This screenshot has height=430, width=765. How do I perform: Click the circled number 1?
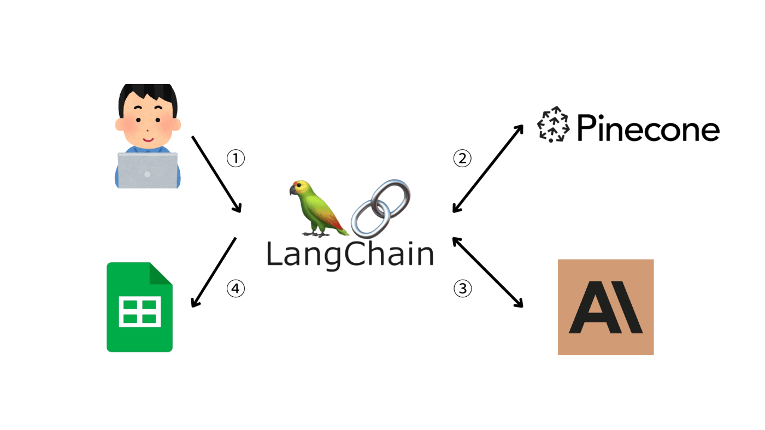click(x=236, y=158)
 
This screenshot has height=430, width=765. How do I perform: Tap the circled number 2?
click(x=462, y=158)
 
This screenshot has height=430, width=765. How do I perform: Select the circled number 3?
click(x=462, y=288)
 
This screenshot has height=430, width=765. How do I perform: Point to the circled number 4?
click(x=236, y=288)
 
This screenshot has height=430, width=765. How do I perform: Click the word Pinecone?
click(x=648, y=128)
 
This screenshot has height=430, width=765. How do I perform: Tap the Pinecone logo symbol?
click(x=553, y=125)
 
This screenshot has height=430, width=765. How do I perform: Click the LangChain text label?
click(x=350, y=255)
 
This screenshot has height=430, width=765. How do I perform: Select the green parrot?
click(x=318, y=208)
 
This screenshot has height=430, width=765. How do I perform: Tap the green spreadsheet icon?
click(x=139, y=307)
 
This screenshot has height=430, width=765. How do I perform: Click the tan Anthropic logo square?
click(x=605, y=307)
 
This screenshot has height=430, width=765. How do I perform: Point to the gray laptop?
click(x=148, y=170)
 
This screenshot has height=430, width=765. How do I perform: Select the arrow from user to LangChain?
click(x=216, y=174)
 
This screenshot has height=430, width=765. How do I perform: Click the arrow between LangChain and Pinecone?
click(x=487, y=169)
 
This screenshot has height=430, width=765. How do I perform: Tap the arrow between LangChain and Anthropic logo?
click(x=487, y=273)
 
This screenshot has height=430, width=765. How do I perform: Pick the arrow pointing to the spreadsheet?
click(x=214, y=273)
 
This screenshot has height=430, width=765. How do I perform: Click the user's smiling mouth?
click(x=148, y=140)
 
